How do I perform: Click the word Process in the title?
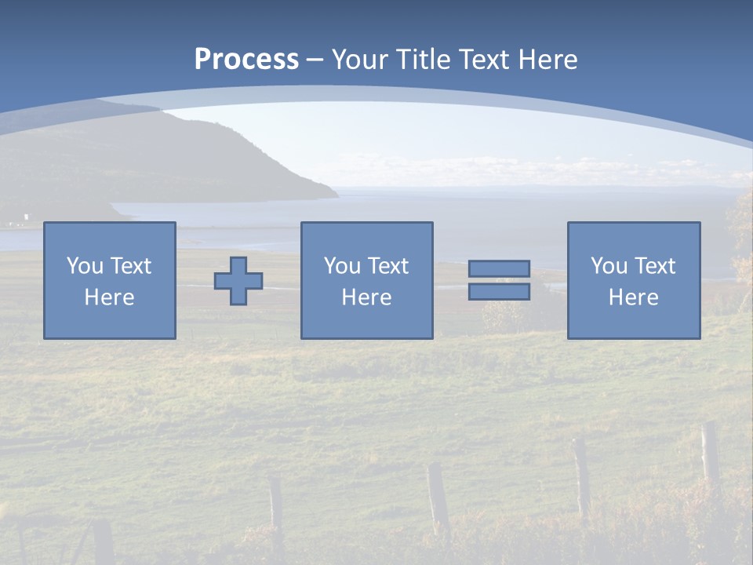point(246,60)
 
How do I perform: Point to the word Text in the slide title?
point(483,60)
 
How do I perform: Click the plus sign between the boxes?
point(238,281)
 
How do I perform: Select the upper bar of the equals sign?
point(499,269)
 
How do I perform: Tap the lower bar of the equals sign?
point(499,291)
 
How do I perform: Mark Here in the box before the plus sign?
point(109,297)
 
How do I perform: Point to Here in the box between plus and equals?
point(366,297)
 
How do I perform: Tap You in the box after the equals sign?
point(609,266)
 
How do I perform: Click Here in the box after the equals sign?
point(633,297)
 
